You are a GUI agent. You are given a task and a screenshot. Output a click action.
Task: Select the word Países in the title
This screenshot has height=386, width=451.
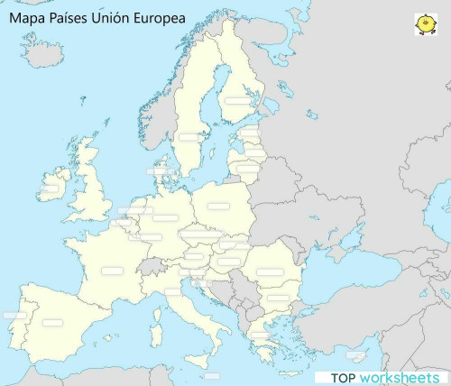coord(68,17)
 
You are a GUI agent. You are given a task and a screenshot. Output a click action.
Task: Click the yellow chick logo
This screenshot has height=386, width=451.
coord(425,24)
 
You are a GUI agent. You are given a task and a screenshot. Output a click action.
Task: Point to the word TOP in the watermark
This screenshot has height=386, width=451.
coord(344,377)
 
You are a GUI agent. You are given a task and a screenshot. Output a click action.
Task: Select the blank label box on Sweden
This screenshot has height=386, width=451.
coord(190,136)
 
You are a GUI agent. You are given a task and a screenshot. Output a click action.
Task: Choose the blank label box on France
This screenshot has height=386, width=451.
coord(112,271)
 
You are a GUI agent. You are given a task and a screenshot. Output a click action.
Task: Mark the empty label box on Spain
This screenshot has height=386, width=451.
coord(52,321)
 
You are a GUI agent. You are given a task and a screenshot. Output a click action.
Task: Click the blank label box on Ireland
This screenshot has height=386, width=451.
coord(51,190)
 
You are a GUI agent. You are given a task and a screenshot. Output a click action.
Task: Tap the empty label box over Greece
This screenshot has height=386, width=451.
coord(260,335)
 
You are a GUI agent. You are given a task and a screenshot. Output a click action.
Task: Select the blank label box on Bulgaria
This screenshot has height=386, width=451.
coord(279,298)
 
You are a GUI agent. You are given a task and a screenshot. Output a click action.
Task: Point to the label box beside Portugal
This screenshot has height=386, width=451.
coord(14,316)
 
